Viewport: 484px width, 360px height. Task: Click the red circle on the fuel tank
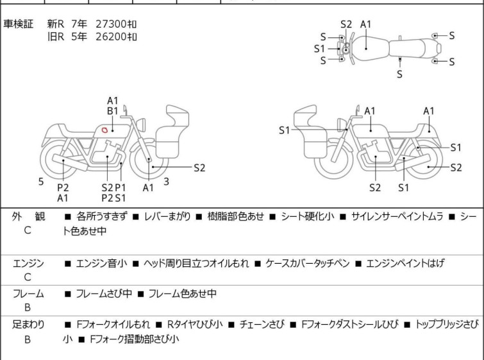click(x=104, y=130)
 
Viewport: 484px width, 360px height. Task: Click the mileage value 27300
click(x=111, y=24)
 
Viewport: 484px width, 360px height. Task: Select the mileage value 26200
click(x=111, y=37)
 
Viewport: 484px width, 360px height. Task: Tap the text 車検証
click(x=18, y=24)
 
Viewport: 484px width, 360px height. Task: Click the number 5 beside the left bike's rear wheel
click(x=41, y=182)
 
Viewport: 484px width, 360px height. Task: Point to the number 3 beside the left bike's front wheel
click(x=167, y=182)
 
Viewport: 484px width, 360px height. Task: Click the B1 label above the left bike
click(x=113, y=111)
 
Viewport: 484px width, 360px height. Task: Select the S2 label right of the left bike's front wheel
click(x=199, y=167)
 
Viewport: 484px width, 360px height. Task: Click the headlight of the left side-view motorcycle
click(x=141, y=124)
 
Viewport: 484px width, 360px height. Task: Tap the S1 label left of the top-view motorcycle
click(x=319, y=49)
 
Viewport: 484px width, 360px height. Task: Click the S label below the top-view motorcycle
click(x=400, y=74)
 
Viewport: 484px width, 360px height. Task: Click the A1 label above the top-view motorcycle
click(x=366, y=24)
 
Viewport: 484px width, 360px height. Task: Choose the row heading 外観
click(x=28, y=216)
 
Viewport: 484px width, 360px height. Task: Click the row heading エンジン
click(x=28, y=263)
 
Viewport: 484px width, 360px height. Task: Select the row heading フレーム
click(x=28, y=293)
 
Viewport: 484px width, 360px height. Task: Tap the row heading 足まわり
click(x=28, y=325)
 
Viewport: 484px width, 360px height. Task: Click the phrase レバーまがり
click(x=167, y=216)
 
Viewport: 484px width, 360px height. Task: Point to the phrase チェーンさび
click(x=262, y=325)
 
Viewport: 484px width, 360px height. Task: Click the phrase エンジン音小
click(x=101, y=263)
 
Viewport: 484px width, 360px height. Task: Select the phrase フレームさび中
click(x=104, y=293)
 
